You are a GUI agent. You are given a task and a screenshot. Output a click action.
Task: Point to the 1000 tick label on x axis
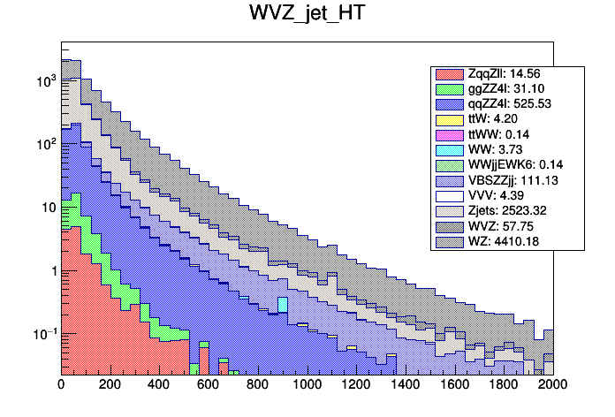[307, 385]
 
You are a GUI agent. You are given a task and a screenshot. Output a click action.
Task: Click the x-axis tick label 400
[159, 385]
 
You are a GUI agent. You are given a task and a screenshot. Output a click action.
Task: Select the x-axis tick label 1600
[455, 385]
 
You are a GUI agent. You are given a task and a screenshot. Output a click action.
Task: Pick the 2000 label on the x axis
[553, 385]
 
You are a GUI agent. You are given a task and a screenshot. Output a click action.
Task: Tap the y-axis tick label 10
[48, 208]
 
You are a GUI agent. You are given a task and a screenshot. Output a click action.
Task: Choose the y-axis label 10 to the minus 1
[45, 334]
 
